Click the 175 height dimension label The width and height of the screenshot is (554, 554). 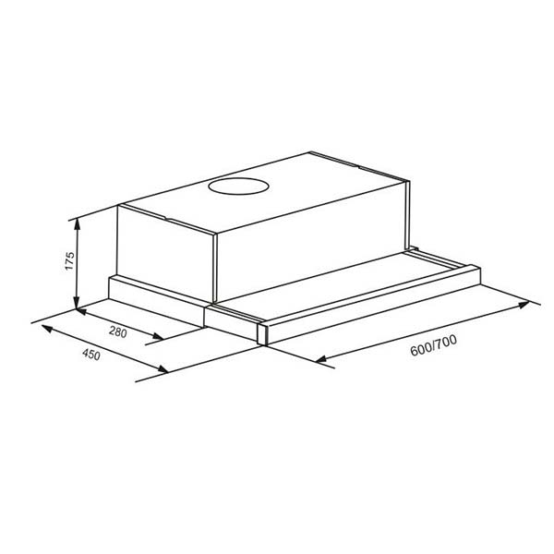pos(70,261)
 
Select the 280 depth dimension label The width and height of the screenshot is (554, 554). pos(117,332)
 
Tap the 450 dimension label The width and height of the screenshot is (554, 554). pos(91,355)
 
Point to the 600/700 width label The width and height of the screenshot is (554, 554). pos(433,345)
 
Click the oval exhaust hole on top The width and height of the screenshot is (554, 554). pos(238,187)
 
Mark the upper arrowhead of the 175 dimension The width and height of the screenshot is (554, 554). pos(77,224)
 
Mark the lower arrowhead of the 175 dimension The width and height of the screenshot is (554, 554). pos(77,303)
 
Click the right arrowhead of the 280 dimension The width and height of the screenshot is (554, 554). pos(158,336)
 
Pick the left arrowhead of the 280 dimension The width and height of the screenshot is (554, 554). pos(82,312)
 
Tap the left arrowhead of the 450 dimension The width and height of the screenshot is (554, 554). pos(47,329)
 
